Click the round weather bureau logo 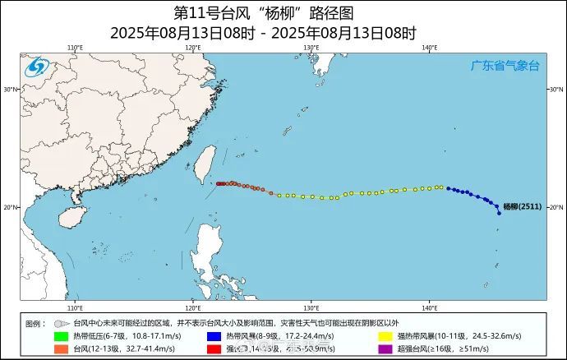[x=35, y=67]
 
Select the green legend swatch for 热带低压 [x=60, y=336]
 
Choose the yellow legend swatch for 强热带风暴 [x=384, y=336]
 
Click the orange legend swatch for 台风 [x=60, y=348]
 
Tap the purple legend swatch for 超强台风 [x=384, y=348]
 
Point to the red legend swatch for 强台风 [x=212, y=348]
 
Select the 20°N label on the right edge [x=555, y=207]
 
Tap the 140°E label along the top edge [x=429, y=48]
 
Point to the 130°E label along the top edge [x=311, y=48]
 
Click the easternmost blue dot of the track [x=499, y=213]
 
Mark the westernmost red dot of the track [x=218, y=183]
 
